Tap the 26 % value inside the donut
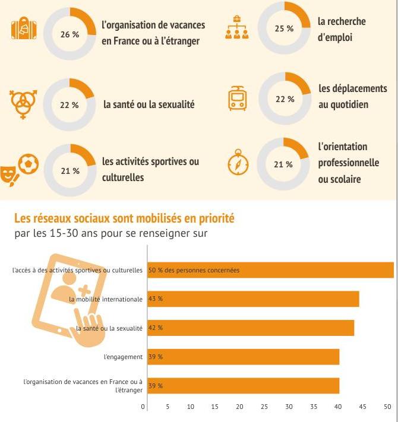click(70, 34)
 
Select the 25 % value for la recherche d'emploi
click(284, 28)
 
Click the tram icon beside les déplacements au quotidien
click(238, 99)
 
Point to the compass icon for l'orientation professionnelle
click(238, 164)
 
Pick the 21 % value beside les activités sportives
click(70, 171)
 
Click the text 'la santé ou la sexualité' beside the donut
click(149, 104)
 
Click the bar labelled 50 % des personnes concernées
click(270, 270)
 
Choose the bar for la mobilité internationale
click(252, 299)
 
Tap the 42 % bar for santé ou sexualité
click(250, 328)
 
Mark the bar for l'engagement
click(242, 357)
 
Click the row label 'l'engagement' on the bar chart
click(123, 357)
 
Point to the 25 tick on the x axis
click(264, 407)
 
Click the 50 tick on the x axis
click(387, 407)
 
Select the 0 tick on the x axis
click(143, 407)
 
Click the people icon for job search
click(238, 28)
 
